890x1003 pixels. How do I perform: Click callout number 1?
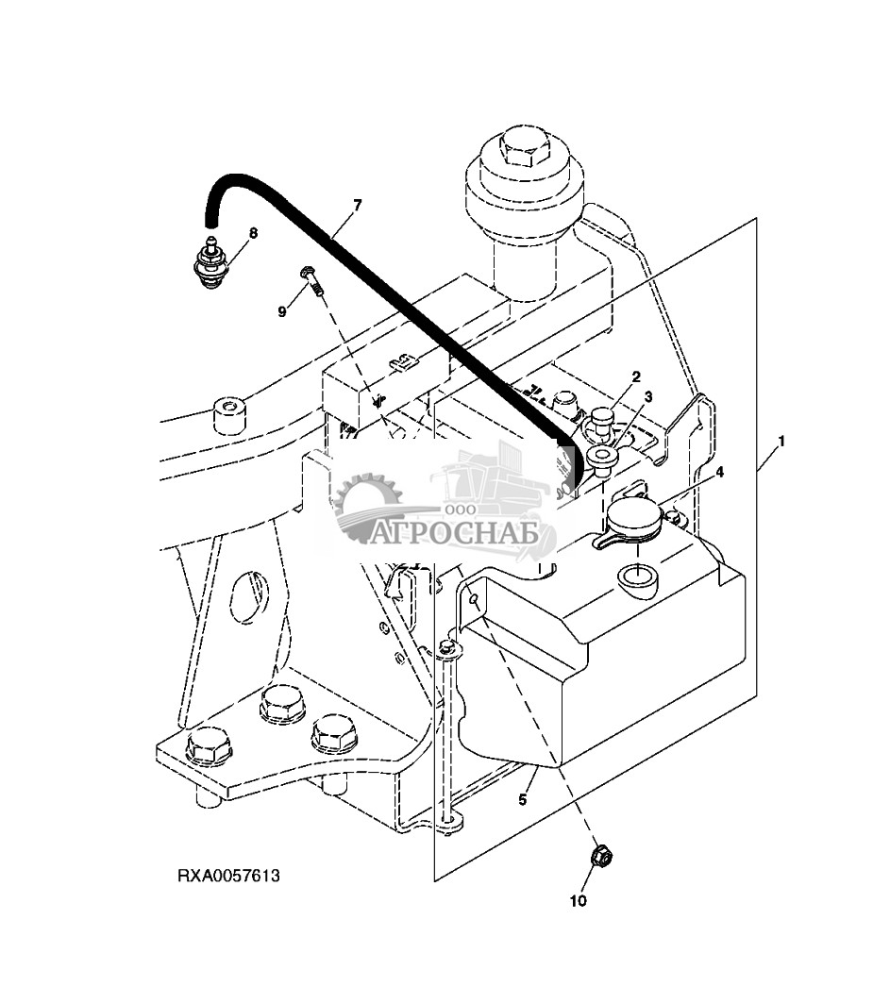coord(781,442)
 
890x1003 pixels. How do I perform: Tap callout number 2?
coord(636,376)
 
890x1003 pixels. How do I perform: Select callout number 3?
coord(648,397)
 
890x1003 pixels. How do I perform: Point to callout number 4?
coord(719,472)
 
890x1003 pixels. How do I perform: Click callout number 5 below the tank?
coord(523,799)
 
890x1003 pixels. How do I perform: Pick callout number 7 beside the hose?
coord(358,205)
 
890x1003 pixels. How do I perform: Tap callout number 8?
coord(253,233)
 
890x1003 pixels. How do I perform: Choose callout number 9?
coord(282,311)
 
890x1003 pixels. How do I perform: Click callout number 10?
coord(578,901)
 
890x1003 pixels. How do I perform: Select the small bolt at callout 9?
coord(311,281)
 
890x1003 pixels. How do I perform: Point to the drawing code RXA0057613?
coord(228,876)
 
